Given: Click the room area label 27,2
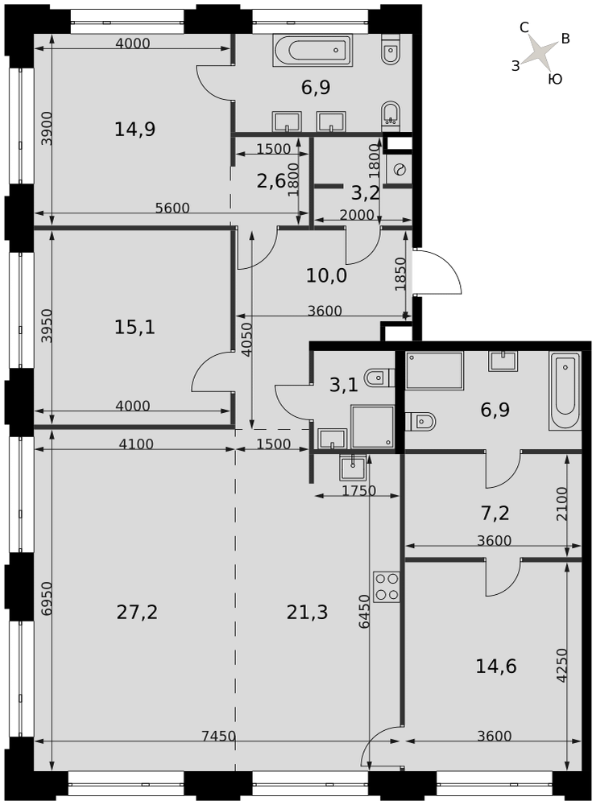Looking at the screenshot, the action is [137, 612].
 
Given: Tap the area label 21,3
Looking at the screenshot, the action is [307, 612].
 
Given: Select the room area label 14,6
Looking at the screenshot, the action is [496, 667].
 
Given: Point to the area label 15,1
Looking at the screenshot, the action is [135, 327].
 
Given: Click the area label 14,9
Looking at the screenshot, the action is [135, 130].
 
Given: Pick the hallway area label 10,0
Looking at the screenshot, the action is [327, 275].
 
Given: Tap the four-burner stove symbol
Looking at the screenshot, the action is [387, 587].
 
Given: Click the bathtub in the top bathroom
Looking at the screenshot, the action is [312, 50].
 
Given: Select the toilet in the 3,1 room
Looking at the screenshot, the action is [379, 378].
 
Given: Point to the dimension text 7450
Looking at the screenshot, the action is [218, 736].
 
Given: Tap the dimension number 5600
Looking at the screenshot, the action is [172, 208].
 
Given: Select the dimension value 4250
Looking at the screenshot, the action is [562, 666].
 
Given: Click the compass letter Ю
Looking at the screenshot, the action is [556, 79].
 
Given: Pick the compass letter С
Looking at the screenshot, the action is [524, 27].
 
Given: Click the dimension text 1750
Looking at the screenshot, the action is [359, 491].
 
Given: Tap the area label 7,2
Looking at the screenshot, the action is [495, 513].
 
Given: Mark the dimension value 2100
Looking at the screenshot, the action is [562, 504].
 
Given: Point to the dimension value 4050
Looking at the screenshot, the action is [246, 340].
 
